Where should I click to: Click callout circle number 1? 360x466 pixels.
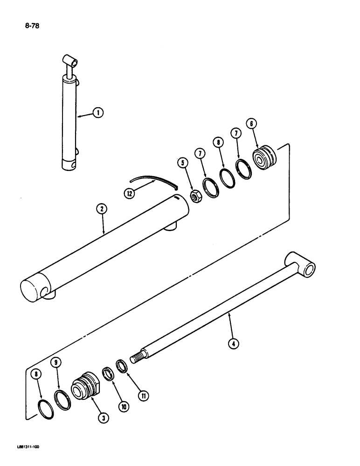[x=98, y=112]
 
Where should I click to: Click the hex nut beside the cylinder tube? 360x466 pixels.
[x=197, y=198]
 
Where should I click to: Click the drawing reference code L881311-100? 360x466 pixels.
[x=23, y=447]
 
